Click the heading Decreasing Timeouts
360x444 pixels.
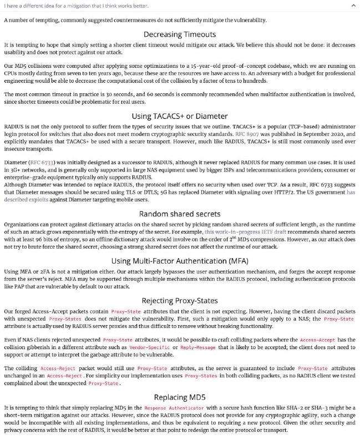180,33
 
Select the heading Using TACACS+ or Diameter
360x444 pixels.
180,116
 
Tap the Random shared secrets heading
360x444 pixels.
180,213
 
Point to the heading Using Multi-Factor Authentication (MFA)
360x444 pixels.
180,261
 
